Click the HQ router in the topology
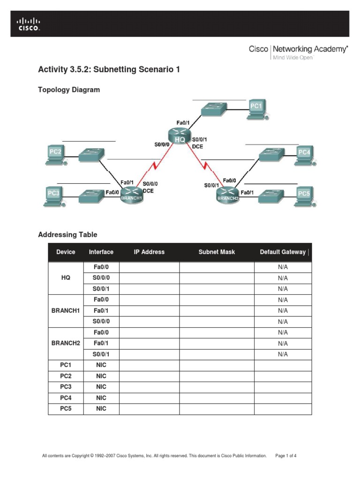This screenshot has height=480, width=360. point(180,136)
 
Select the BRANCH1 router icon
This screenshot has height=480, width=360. point(131,195)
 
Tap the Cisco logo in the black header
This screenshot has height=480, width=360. point(29,24)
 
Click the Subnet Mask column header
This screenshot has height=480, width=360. point(217,252)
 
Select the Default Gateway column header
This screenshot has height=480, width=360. point(283,252)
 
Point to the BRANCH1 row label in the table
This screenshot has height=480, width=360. point(66,310)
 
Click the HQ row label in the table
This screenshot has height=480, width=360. point(66,277)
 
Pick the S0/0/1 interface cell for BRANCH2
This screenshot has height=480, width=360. point(101,354)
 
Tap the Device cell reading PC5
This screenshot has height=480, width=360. point(66,409)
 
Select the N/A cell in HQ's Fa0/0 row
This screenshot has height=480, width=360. point(283,267)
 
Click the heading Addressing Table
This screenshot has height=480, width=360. point(67,235)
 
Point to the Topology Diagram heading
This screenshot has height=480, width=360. point(69,90)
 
